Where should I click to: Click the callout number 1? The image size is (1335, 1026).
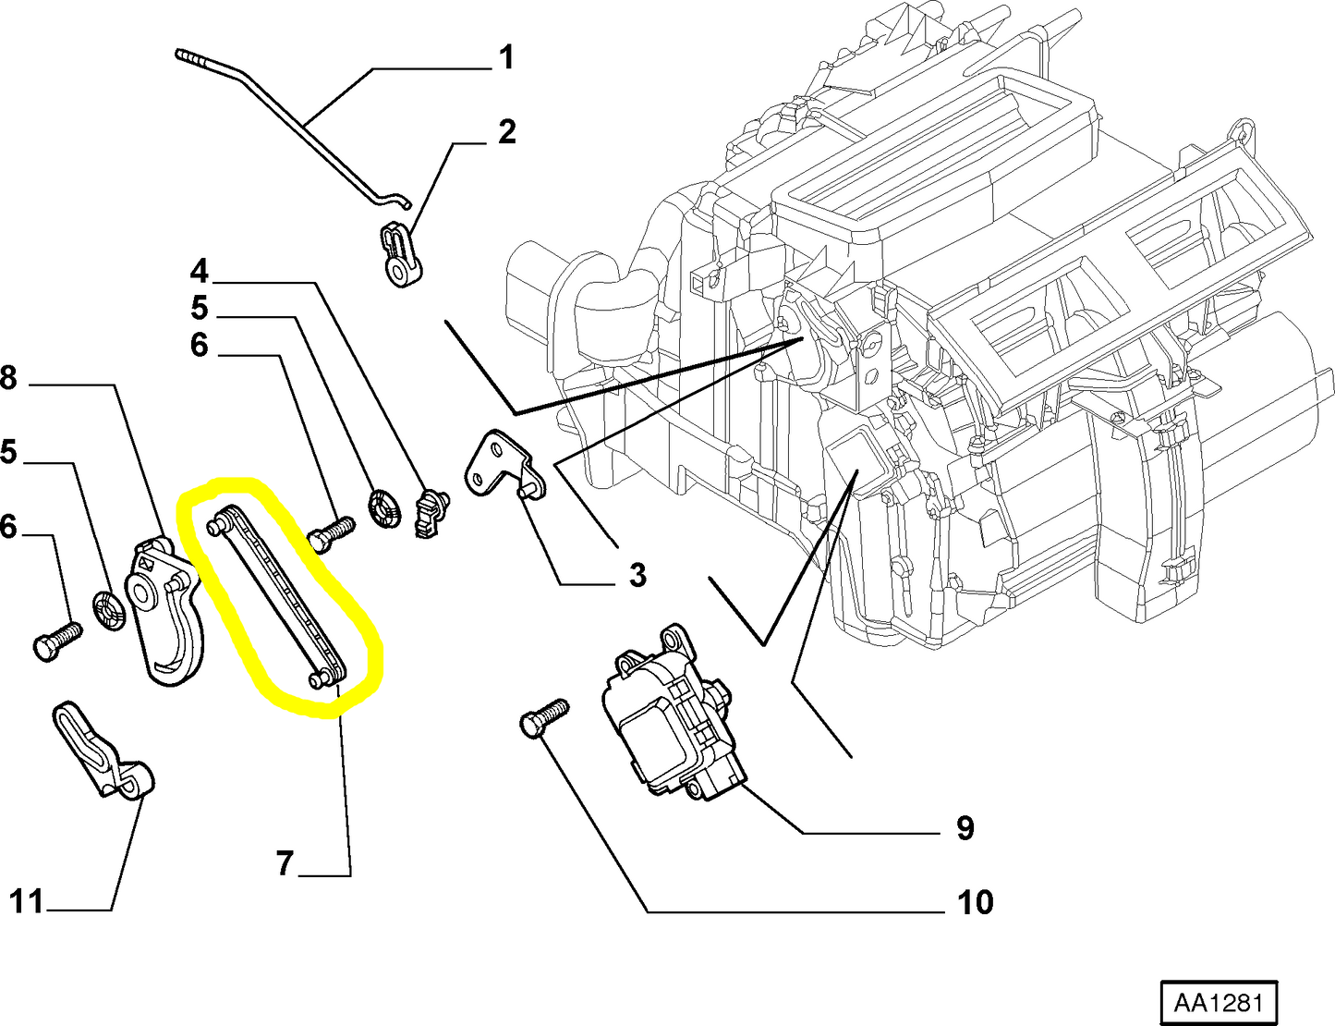[x=505, y=58]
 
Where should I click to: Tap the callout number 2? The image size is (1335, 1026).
[x=506, y=132]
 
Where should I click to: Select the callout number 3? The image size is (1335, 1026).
[x=637, y=575]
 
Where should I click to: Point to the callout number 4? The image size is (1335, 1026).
[x=200, y=272]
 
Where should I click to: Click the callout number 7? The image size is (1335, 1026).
[x=285, y=863]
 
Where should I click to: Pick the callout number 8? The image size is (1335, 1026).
[x=8, y=378]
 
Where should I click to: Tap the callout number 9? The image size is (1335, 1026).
[x=965, y=827]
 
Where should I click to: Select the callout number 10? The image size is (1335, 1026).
[x=975, y=901]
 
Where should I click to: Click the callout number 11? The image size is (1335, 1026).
[x=27, y=900]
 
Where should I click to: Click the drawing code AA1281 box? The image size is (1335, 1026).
[x=1219, y=1003]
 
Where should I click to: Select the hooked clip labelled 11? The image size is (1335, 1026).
[x=102, y=751]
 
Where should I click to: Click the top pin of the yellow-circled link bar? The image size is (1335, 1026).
[x=216, y=526]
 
